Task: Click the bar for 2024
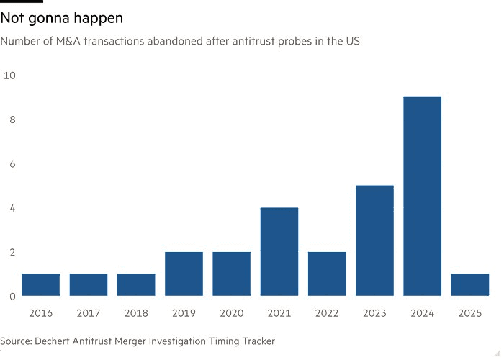[x=422, y=197]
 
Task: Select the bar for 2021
[x=279, y=252]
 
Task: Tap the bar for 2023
[x=374, y=240]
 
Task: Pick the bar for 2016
[x=41, y=284]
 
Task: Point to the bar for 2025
[x=469, y=284]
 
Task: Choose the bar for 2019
[x=184, y=274]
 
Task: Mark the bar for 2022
[x=327, y=274]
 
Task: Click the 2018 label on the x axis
[x=136, y=313]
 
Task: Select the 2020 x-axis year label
[x=231, y=313]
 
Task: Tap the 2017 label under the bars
[x=89, y=313]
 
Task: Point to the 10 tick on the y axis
[x=9, y=75]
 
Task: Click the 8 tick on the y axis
[x=12, y=120]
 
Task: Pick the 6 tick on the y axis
[x=12, y=163]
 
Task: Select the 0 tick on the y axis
[x=12, y=296]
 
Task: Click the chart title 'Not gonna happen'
[x=62, y=17]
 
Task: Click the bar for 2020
[x=231, y=274]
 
